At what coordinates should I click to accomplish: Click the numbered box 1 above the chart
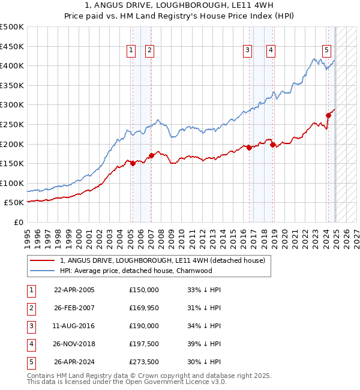coord(131,51)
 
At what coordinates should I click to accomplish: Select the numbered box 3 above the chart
coord(247,51)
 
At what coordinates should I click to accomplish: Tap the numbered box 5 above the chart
coord(326,51)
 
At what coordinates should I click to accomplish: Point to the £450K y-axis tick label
coord(12,46)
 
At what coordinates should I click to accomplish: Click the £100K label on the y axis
coord(12,183)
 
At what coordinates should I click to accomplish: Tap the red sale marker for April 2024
coord(328,115)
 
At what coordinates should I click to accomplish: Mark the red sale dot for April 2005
coord(133,163)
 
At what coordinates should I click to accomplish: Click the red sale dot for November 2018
coord(272,145)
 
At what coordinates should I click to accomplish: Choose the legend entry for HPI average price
coord(136,271)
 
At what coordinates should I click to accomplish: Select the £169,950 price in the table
coord(144,308)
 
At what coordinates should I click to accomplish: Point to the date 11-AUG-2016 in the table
coord(74,326)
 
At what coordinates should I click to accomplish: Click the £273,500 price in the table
coord(144,362)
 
